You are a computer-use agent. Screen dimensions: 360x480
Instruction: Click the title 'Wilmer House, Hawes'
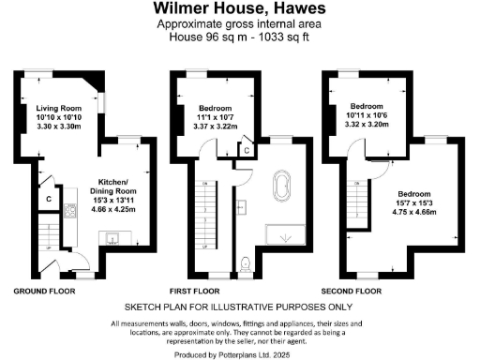239,8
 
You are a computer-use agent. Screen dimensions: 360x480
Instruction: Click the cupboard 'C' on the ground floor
48,198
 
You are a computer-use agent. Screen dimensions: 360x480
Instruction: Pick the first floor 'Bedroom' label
216,108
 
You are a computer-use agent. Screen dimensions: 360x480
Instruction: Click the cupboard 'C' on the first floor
246,150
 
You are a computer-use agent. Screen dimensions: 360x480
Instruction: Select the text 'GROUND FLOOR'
44,291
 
